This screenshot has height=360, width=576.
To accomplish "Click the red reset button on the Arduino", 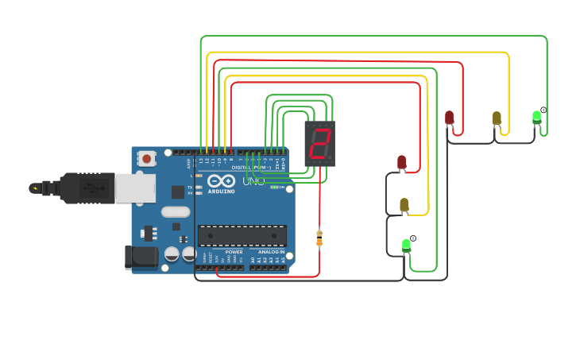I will [146, 159].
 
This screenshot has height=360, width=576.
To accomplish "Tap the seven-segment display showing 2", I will [319, 144].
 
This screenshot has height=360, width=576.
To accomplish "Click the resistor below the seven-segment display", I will [319, 238].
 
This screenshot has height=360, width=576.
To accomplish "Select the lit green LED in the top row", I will [537, 117].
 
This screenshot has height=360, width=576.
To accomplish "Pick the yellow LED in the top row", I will [497, 118].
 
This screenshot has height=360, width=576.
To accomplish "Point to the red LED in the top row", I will [449, 118].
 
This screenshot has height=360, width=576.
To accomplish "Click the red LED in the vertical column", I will [401, 162].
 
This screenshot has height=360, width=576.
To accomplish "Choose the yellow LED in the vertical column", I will [404, 205].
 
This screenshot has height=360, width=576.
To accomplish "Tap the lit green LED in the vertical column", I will [406, 245].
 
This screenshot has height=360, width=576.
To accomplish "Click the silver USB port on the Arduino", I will [134, 188].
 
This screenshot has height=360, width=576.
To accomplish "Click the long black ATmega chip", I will [242, 236].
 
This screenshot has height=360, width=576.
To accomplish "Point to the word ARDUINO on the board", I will [222, 192].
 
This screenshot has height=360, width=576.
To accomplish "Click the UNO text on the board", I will [253, 181].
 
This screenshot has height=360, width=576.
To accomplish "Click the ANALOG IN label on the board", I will [271, 252].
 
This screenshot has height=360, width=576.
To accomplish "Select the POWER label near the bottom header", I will [234, 252].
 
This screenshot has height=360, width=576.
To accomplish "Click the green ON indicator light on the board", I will [273, 187].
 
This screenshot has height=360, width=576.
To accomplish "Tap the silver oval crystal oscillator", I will [176, 212].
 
